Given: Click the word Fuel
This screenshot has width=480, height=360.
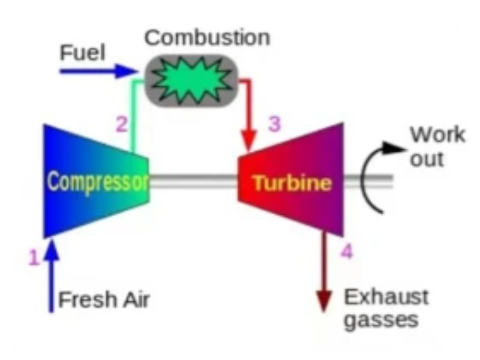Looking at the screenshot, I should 82,53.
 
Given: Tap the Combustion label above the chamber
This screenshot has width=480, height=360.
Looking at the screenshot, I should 207,37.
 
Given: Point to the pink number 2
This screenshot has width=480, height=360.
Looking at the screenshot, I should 121,125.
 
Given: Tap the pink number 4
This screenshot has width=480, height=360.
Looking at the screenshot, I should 346,251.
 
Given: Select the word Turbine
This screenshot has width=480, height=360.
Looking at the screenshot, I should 292,183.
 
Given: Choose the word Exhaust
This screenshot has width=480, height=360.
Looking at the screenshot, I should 386,296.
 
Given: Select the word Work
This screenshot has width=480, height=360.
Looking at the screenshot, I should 437,134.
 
